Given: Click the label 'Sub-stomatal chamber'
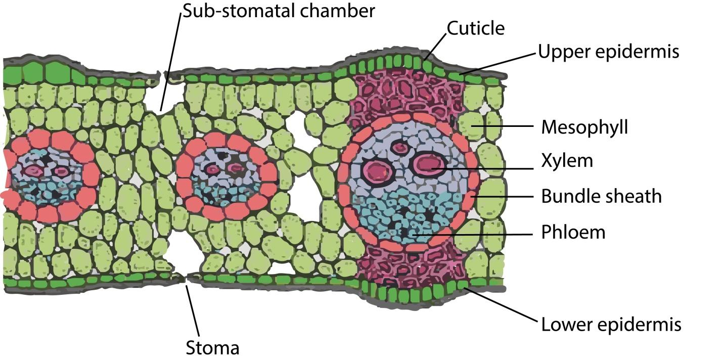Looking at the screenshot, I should [x=279, y=11].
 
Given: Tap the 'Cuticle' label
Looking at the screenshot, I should [x=475, y=28].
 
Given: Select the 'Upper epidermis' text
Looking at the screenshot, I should [x=608, y=51].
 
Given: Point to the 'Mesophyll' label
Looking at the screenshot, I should [x=584, y=127].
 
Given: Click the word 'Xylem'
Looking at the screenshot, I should [x=567, y=161].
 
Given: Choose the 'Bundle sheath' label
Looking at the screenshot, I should [x=601, y=196].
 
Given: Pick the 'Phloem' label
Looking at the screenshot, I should [x=573, y=232].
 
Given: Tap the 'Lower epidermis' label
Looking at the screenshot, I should [x=611, y=324].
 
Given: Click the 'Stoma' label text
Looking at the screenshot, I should [x=212, y=348].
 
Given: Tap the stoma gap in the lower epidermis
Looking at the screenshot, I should [x=185, y=278].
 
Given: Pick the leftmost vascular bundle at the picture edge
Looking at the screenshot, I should [x=46, y=174].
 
